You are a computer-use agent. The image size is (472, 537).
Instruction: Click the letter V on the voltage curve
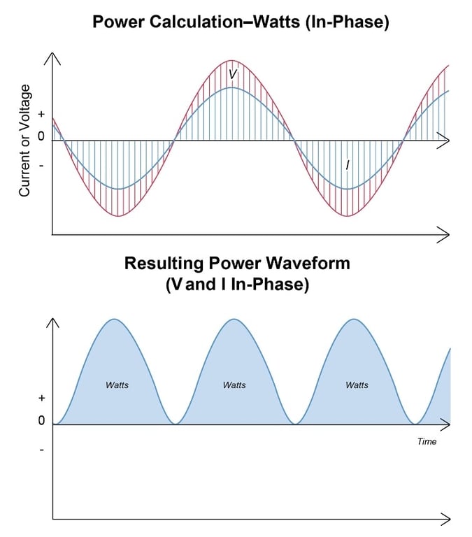coord(233,73)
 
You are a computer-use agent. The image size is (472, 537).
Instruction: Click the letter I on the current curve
coord(348,165)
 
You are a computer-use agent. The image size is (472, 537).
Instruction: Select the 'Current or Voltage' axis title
coord(25,140)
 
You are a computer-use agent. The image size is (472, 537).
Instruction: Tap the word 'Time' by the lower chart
coord(427,441)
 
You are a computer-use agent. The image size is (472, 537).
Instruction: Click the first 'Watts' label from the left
coord(117,385)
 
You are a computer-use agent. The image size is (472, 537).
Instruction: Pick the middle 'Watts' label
coord(234,385)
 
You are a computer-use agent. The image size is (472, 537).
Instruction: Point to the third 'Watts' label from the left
coord(357,385)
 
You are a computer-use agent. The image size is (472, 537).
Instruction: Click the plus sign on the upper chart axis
coord(41,113)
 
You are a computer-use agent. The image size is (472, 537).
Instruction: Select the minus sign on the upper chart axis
coord(41,166)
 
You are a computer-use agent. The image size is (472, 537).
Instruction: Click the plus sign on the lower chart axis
coord(41,398)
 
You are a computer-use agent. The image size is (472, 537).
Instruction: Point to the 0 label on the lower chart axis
coord(41,421)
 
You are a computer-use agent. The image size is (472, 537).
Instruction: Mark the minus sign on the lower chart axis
coord(41,450)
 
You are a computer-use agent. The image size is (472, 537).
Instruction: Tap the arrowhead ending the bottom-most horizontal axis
coord(443,518)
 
